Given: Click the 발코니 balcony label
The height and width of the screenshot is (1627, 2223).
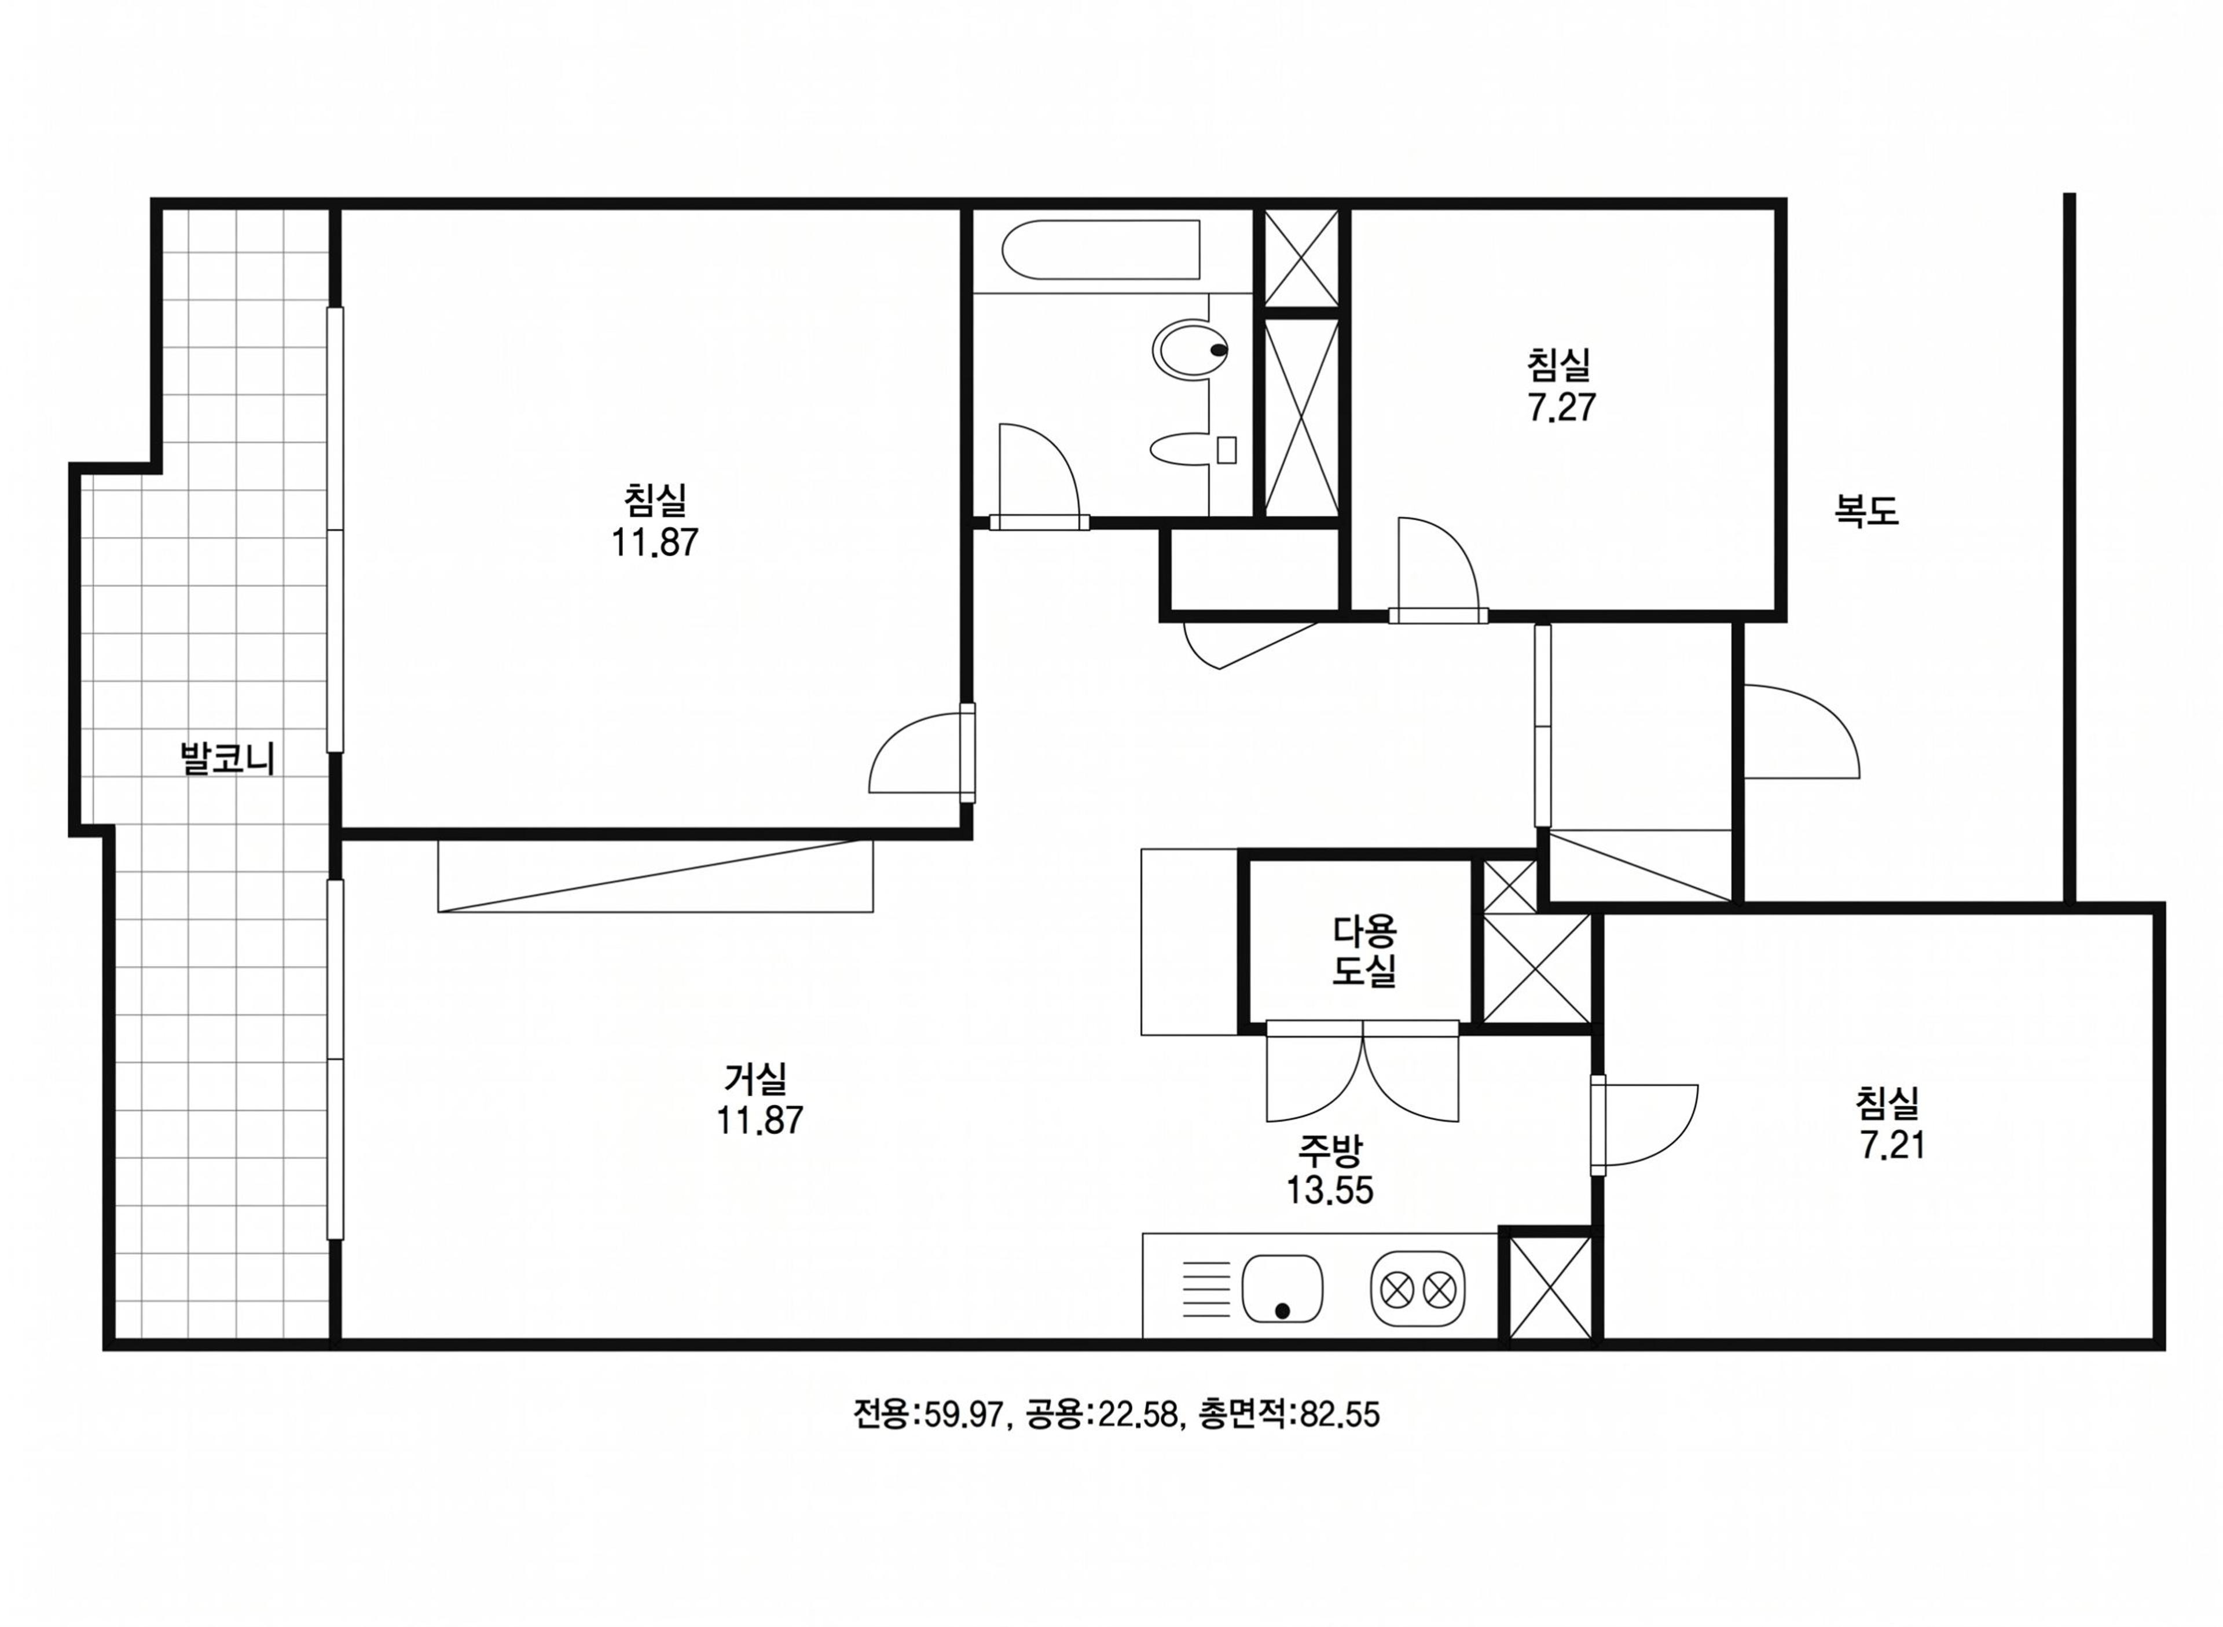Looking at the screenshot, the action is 228,758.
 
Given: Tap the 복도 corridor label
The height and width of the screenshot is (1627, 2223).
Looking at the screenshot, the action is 1865,510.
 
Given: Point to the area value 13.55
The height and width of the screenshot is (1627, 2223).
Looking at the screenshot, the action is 1330,1191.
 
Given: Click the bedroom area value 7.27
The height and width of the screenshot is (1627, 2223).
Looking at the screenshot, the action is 1562,407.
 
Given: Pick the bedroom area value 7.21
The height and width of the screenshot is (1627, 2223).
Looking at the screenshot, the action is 1892,1145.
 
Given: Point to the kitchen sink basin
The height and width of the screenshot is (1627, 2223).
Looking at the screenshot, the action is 1282,1288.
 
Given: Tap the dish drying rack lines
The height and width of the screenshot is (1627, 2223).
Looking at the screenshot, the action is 1205,1289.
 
